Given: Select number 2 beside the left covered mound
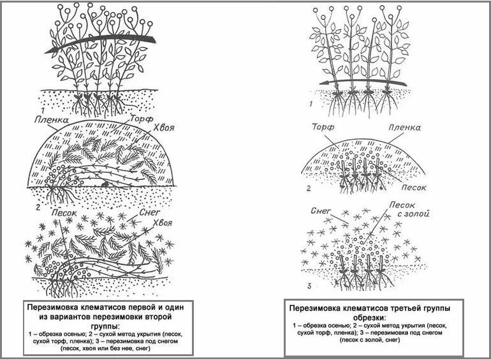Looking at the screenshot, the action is click(38, 207).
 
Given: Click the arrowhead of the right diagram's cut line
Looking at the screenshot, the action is click(321, 83).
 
